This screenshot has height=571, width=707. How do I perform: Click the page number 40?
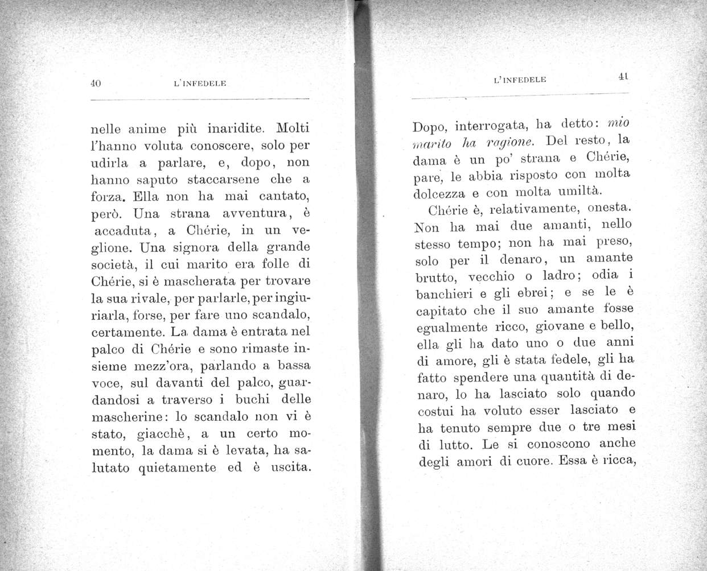pyautogui.click(x=96, y=83)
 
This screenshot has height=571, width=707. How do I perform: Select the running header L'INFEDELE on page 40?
pyautogui.click(x=200, y=84)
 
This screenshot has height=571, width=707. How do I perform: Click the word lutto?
pyautogui.click(x=450, y=444)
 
